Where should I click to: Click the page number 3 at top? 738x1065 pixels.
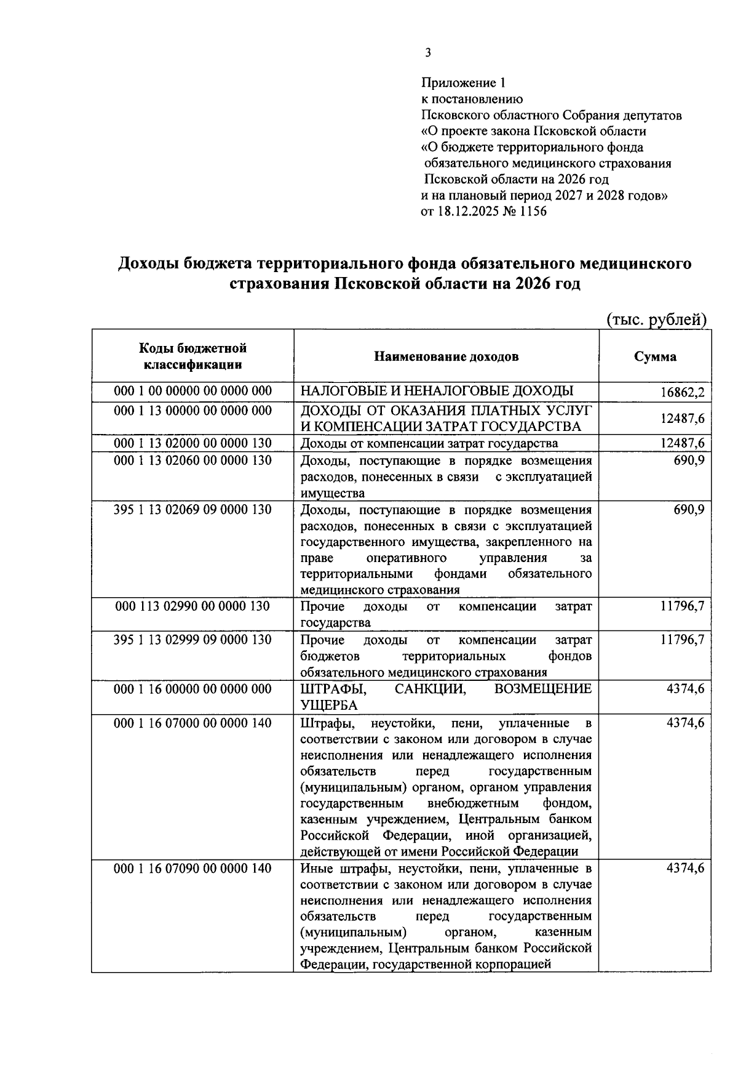[427, 54]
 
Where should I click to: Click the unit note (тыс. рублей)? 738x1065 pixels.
[656, 319]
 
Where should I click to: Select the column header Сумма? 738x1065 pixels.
[655, 356]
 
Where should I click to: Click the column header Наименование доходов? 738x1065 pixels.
[446, 356]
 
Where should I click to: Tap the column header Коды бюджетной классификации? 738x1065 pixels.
[192, 356]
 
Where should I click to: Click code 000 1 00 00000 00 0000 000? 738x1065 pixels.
[192, 392]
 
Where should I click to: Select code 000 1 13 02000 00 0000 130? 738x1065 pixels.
[192, 443]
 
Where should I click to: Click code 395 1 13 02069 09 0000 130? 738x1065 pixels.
[192, 510]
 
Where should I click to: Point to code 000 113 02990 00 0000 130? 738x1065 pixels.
[192, 606]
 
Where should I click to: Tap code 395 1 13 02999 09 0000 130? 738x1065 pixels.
[192, 640]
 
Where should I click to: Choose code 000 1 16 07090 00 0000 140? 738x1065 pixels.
[192, 869]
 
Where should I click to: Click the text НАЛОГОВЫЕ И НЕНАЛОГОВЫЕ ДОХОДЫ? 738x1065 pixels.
[437, 392]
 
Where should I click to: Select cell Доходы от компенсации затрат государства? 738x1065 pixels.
[429, 443]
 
